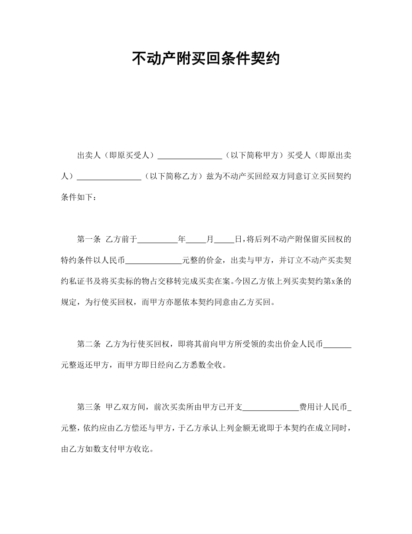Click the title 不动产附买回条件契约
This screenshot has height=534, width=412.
(206, 58)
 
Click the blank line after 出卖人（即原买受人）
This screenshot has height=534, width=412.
(190, 157)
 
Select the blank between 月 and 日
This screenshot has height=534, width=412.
(224, 240)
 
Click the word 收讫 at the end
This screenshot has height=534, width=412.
(141, 448)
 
